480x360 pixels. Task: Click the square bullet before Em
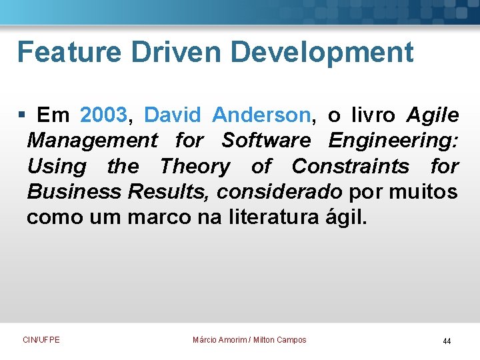click(21, 116)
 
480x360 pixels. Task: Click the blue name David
click(172, 115)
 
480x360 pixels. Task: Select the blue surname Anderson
click(261, 115)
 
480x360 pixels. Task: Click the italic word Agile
click(433, 116)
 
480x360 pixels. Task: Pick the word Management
click(92, 141)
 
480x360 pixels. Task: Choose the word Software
click(266, 141)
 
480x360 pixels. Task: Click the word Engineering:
click(393, 141)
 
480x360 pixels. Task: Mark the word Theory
click(195, 167)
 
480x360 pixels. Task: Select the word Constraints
click(351, 166)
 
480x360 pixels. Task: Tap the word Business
click(74, 192)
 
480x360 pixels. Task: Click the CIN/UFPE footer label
click(41, 340)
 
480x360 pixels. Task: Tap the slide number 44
click(447, 341)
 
